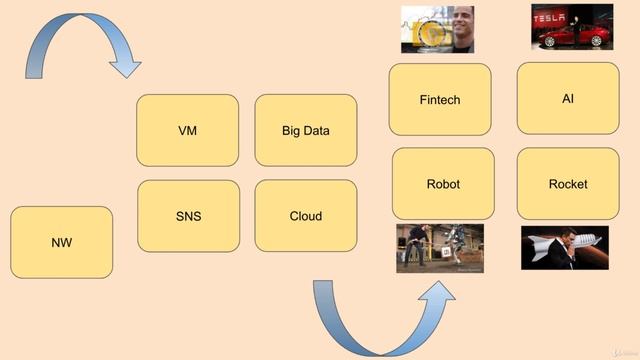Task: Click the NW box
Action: pos(61,242)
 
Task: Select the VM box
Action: pos(187,130)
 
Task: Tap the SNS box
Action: pos(188,216)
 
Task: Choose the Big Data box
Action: pos(305,130)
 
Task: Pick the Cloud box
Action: pos(305,216)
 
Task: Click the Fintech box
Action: pos(439,99)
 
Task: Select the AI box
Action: pos(567,98)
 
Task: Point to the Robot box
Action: pos(442,184)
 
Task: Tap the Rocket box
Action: pos(567,184)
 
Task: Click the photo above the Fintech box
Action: pos(436,29)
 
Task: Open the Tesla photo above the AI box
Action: pos(572,27)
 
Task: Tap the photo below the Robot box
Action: pos(439,248)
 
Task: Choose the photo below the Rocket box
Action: pos(564,248)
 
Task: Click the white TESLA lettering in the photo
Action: pos(549,18)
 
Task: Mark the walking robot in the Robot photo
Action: pos(452,246)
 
